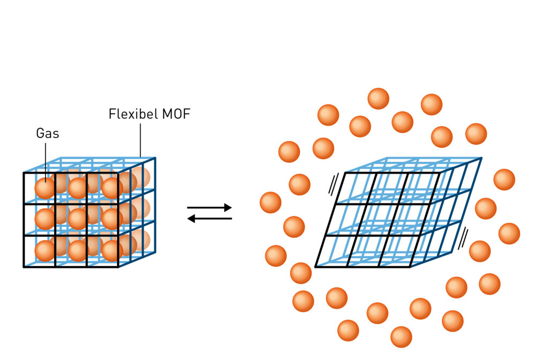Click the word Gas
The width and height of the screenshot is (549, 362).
click(48, 133)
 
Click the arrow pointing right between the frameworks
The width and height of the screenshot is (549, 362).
click(209, 207)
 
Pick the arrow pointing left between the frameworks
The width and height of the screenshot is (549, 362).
click(209, 218)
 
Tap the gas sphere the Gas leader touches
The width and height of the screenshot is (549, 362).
click(45, 188)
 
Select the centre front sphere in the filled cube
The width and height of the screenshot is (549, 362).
click(78, 219)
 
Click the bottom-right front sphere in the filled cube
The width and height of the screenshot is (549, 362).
click(112, 250)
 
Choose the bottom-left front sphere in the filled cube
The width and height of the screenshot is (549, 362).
click(45, 250)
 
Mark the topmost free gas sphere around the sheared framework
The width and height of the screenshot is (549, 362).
click(378, 99)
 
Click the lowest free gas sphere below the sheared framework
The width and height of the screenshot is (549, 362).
click(401, 337)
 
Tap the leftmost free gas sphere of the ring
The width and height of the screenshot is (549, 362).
click(271, 202)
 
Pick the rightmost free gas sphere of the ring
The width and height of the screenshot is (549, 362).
click(509, 233)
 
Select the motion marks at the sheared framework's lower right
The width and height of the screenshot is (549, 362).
click(465, 236)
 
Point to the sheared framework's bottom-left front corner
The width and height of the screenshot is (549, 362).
click(315, 266)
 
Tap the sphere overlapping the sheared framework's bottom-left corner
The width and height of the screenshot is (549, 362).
click(301, 273)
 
